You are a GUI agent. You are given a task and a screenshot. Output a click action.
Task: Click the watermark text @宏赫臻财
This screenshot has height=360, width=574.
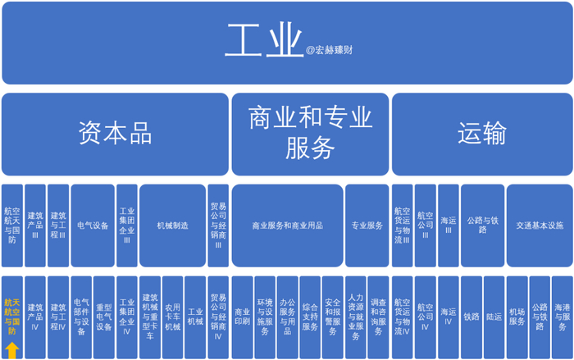tap(331, 49)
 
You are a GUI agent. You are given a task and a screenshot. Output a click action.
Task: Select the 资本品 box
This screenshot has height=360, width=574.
tap(115, 133)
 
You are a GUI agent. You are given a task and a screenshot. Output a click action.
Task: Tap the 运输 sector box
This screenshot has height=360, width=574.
tap(481, 133)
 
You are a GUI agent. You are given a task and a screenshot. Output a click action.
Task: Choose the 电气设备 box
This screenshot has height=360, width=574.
tap(93, 225)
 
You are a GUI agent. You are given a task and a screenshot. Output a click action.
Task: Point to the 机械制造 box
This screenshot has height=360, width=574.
tap(172, 225)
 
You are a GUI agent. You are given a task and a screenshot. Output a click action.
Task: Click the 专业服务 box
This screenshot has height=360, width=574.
tap(367, 225)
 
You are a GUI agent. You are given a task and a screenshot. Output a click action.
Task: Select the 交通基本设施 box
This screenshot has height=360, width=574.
tap(539, 225)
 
